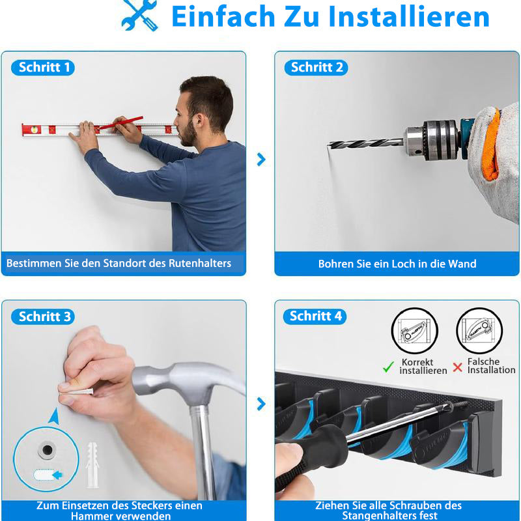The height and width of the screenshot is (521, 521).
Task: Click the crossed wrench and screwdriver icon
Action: click(x=139, y=15)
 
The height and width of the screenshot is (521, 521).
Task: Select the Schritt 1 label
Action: click(x=43, y=68)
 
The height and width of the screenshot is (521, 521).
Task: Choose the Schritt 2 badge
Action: click(x=316, y=68)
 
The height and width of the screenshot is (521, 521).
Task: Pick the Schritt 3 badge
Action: click(x=43, y=317)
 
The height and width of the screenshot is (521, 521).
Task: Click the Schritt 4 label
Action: click(x=315, y=316)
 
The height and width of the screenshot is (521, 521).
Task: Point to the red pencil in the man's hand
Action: click(x=121, y=122)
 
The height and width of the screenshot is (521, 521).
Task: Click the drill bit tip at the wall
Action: click(x=329, y=145)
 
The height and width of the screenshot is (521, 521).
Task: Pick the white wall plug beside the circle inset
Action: click(x=92, y=464)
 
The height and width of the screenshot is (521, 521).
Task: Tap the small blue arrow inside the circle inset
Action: click(x=57, y=475)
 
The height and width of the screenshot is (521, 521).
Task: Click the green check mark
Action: click(x=388, y=367)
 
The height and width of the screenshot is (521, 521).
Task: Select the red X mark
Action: click(x=458, y=367)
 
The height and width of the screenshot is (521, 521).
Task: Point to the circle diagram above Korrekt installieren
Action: click(x=414, y=331)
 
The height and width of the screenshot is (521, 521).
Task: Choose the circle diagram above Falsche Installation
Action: click(x=479, y=331)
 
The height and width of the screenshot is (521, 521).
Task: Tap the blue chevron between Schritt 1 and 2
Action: click(x=262, y=160)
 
